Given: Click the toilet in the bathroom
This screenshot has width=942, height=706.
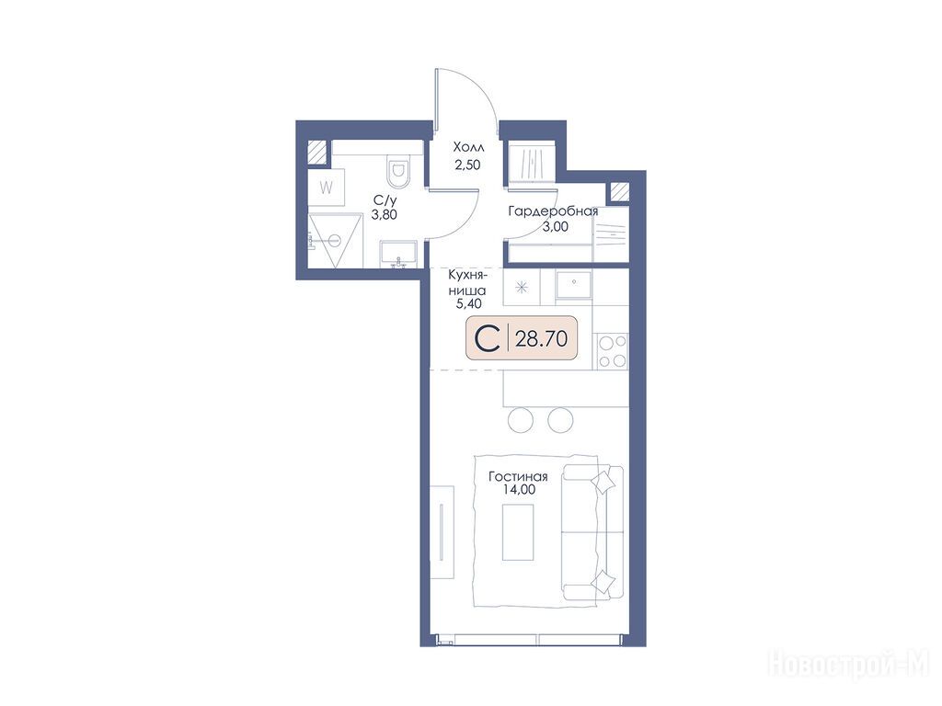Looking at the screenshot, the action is [x=397, y=171].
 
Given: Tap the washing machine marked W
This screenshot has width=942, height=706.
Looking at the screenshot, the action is [x=327, y=188].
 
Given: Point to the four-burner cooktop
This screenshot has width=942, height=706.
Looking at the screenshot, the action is [x=612, y=351].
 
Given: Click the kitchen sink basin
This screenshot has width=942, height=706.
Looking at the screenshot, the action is [x=574, y=285].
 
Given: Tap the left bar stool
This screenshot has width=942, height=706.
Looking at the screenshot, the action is [x=521, y=419].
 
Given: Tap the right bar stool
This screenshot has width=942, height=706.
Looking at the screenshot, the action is [x=560, y=419].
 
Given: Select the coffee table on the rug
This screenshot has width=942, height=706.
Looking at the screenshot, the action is [x=518, y=532].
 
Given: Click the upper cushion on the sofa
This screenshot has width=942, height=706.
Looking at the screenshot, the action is [x=603, y=481].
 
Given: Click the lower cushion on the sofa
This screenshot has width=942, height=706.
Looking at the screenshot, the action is [x=603, y=581].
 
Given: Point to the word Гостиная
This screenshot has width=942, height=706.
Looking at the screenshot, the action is [x=518, y=477].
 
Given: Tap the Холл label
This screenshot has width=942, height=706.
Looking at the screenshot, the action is [x=468, y=147].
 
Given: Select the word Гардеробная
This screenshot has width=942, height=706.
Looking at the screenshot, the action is [x=553, y=212].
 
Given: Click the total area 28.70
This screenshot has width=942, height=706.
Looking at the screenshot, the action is [x=541, y=338].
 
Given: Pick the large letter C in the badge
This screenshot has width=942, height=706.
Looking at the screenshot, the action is [x=488, y=338].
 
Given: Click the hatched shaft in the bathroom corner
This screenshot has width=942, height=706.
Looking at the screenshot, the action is [x=317, y=152].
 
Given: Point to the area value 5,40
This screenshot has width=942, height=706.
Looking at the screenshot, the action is [x=468, y=303].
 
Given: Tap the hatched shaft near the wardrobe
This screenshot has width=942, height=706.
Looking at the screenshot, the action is [x=619, y=192].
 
